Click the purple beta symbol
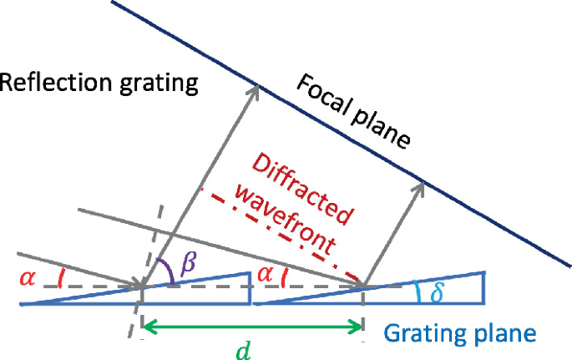coord(189,264)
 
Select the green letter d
coord(242,351)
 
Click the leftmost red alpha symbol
coord(28,276)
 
